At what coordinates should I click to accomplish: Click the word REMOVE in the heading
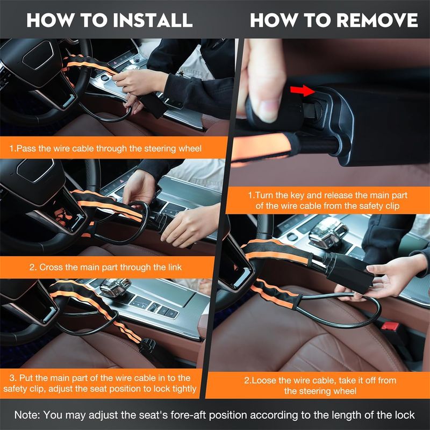(x=377, y=20)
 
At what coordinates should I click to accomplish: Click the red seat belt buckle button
(x=390, y=326)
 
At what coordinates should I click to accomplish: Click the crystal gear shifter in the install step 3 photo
(x=114, y=287)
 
